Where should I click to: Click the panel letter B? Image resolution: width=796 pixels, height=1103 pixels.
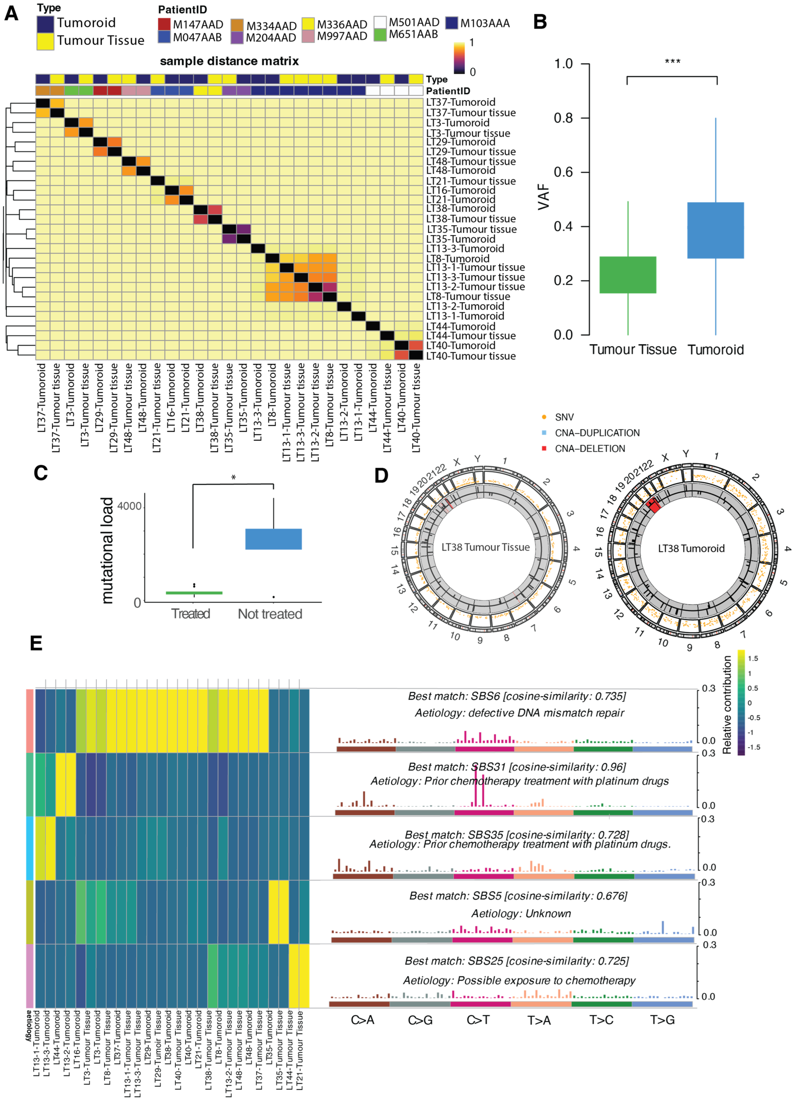(540, 22)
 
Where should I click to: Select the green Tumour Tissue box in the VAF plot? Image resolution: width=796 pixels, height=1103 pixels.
(628, 275)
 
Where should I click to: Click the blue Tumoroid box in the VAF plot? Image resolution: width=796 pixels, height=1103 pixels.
(715, 230)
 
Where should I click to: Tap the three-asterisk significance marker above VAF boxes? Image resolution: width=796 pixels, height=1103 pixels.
(672, 62)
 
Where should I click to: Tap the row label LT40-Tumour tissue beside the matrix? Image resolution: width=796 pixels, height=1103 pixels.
(470, 356)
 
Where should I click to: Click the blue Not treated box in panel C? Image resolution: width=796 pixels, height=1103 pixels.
(273, 539)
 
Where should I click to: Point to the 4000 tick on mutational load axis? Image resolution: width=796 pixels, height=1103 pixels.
(129, 506)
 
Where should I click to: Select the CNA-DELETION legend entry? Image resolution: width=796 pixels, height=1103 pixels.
(590, 449)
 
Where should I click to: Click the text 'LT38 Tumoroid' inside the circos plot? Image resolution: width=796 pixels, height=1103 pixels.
(691, 549)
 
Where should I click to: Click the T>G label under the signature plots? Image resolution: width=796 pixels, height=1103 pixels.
(662, 1020)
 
